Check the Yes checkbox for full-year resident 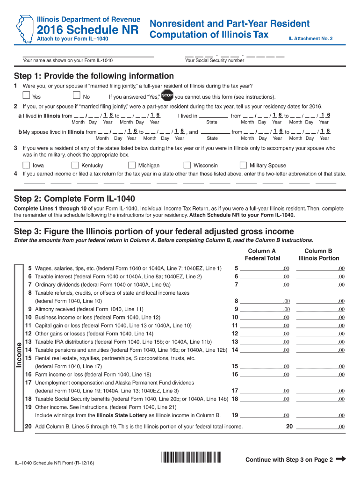pos(26,96)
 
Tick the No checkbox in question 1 pos(77,96)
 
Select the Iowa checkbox pos(27,165)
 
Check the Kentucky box pos(75,165)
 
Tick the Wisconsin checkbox pos(187,165)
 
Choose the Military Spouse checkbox pos(243,165)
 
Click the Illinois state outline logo pos(22,29)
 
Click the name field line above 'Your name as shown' pos(88,56)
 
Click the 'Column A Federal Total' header pos(262,254)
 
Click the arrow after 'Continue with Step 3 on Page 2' pos(341,459)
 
